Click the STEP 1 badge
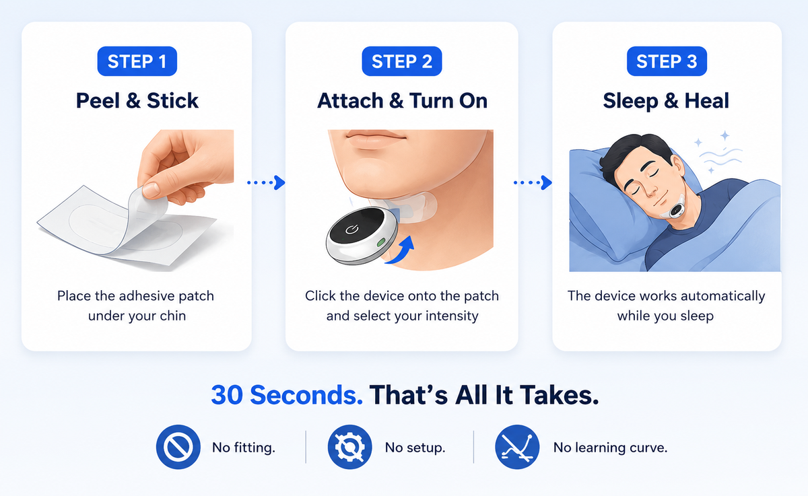pyautogui.click(x=137, y=61)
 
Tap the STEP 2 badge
pyautogui.click(x=402, y=61)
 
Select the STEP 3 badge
pyautogui.click(x=667, y=61)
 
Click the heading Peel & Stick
pyautogui.click(x=137, y=100)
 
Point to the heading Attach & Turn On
pyautogui.click(x=402, y=100)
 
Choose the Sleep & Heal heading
pyautogui.click(x=666, y=101)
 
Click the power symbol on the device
pyautogui.click(x=351, y=229)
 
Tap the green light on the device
pyautogui.click(x=381, y=242)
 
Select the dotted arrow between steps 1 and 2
pyautogui.click(x=266, y=182)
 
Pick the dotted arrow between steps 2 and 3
pyautogui.click(x=533, y=182)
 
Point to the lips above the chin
pyautogui.click(x=376, y=139)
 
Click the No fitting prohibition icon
pyautogui.click(x=178, y=447)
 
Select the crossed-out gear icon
pyautogui.click(x=349, y=447)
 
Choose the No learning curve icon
pyautogui.click(x=517, y=447)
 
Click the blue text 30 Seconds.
pyautogui.click(x=287, y=395)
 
